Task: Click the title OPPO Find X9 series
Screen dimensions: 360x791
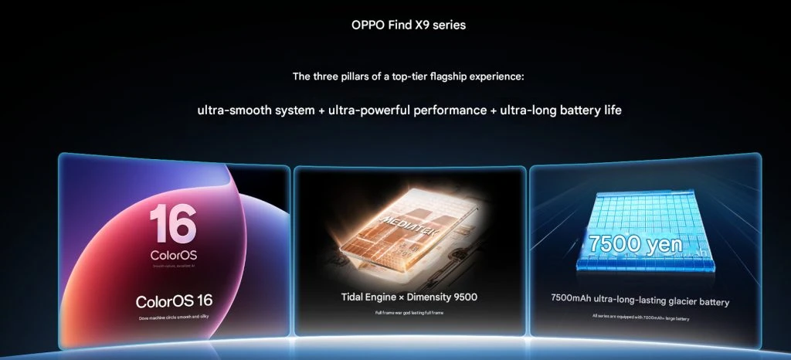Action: [x=409, y=25]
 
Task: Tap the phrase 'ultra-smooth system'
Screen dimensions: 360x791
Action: [x=256, y=110]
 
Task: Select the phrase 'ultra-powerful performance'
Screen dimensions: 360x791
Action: [x=407, y=110]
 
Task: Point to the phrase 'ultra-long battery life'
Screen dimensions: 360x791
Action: [x=561, y=110]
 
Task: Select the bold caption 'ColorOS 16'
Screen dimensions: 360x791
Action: [x=174, y=301]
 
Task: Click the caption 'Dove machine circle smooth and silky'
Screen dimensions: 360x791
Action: [x=174, y=318]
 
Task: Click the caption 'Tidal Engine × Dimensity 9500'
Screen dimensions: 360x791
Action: [x=409, y=297]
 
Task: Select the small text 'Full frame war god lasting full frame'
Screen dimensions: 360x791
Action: [x=409, y=312]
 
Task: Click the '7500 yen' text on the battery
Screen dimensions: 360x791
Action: [x=633, y=243]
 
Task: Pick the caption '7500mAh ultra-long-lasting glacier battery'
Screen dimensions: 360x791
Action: [x=640, y=301]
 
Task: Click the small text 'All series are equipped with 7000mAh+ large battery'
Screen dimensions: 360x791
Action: [x=640, y=318]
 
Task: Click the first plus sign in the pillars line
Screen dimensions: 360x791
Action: [x=321, y=110]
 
